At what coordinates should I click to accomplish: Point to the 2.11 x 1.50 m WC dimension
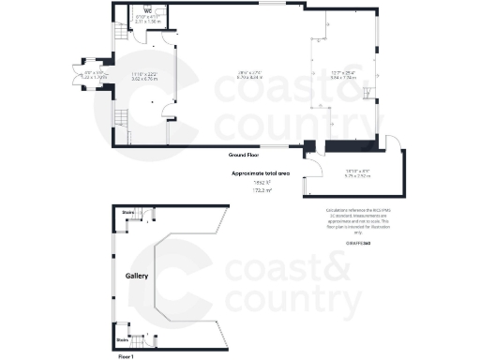[148, 21]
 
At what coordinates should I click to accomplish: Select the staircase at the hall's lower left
[120, 120]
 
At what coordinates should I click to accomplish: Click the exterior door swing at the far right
[394, 142]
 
